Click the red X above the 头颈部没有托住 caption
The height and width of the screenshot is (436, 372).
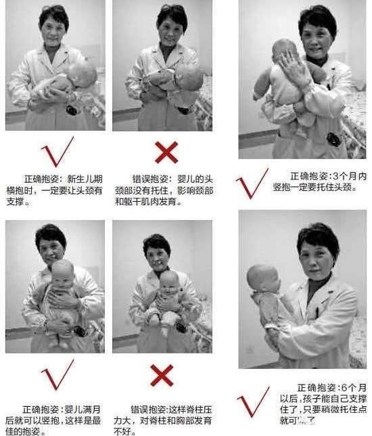[x=165, y=153]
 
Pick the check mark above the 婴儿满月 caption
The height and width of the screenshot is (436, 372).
[x=56, y=376]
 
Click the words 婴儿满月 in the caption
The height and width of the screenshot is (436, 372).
[x=85, y=409]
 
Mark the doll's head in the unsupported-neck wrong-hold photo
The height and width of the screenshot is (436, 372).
[x=190, y=76]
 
